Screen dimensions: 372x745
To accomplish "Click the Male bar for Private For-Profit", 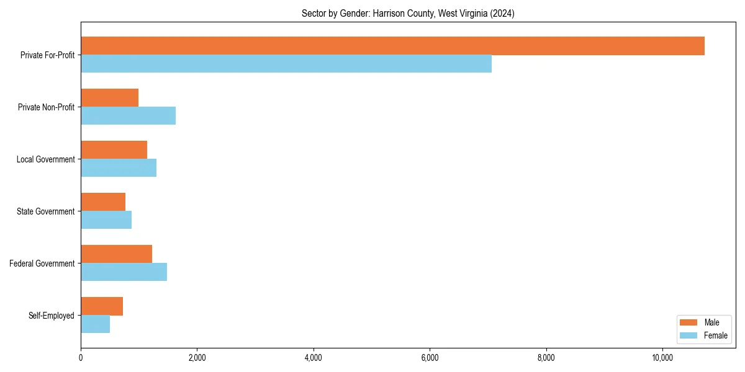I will pyautogui.click(x=392, y=46).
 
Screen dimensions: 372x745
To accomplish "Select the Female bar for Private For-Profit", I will pyautogui.click(x=286, y=64).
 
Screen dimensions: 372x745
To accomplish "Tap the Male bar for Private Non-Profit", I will pyautogui.click(x=109, y=98).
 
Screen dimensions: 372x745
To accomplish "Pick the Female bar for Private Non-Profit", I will pyautogui.click(x=128, y=116).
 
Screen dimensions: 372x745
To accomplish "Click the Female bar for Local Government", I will pyautogui.click(x=119, y=168).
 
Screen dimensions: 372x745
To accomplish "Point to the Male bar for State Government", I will pyautogui.click(x=103, y=202).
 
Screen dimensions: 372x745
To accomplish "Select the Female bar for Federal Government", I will pyautogui.click(x=124, y=272).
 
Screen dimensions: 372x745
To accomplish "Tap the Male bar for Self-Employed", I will pyautogui.click(x=102, y=306).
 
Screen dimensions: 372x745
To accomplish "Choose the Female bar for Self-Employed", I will pyautogui.click(x=95, y=324).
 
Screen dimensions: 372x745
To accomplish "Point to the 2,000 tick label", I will pyautogui.click(x=197, y=358).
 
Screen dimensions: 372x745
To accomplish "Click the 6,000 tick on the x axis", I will pyautogui.click(x=430, y=358).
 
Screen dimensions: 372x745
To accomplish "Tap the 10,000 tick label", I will pyautogui.click(x=662, y=358).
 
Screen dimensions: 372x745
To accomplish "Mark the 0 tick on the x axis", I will pyautogui.click(x=81, y=358).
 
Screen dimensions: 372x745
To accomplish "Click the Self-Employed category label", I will pyautogui.click(x=52, y=316).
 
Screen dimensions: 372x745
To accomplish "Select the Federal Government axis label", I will pyautogui.click(x=42, y=263).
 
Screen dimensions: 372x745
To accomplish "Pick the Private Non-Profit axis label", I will pyautogui.click(x=46, y=107).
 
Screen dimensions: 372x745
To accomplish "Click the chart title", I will pyautogui.click(x=408, y=13).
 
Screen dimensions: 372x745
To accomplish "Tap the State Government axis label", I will pyautogui.click(x=46, y=211).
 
